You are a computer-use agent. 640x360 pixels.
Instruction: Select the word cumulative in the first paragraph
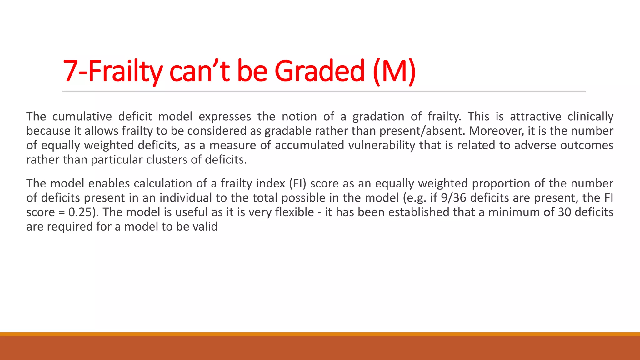82,117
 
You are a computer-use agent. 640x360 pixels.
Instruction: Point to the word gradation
378,117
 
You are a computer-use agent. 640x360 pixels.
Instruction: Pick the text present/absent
422,131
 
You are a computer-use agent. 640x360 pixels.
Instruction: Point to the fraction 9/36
453,198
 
